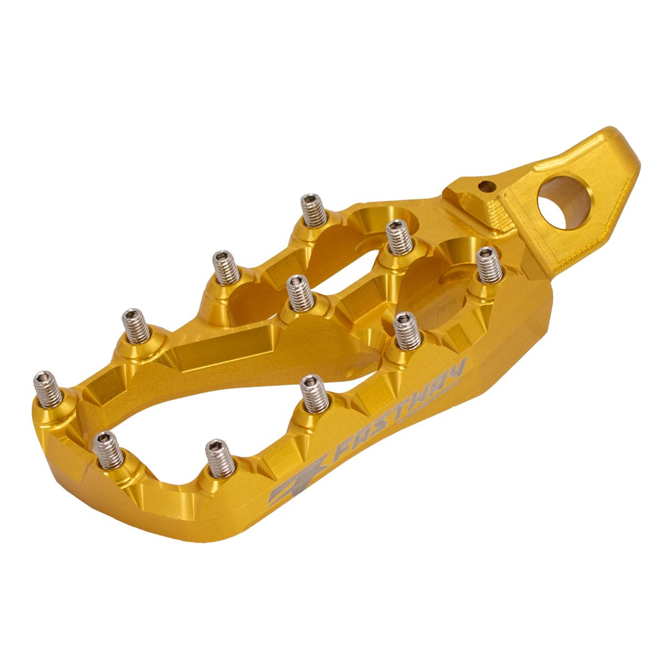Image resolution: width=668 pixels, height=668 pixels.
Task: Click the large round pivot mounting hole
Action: tap(563, 202)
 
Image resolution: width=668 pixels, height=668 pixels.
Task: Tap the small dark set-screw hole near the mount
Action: tap(489, 186)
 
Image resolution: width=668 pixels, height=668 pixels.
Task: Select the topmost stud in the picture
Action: tap(313, 210)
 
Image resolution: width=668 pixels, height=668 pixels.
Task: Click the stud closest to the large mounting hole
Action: tap(490, 265)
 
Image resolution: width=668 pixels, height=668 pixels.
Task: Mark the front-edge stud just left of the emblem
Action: tap(220, 458)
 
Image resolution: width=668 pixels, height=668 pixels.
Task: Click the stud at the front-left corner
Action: tap(109, 450)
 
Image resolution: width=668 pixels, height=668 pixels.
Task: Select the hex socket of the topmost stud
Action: tap(312, 199)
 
